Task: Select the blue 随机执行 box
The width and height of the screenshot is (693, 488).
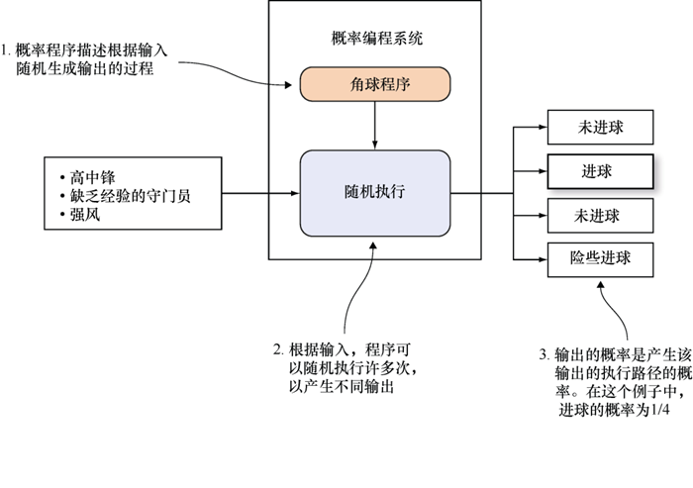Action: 374,193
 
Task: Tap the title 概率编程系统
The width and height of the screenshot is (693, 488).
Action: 374,39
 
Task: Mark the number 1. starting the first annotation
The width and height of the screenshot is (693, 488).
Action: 7,49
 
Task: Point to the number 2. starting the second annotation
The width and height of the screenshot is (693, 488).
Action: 279,350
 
